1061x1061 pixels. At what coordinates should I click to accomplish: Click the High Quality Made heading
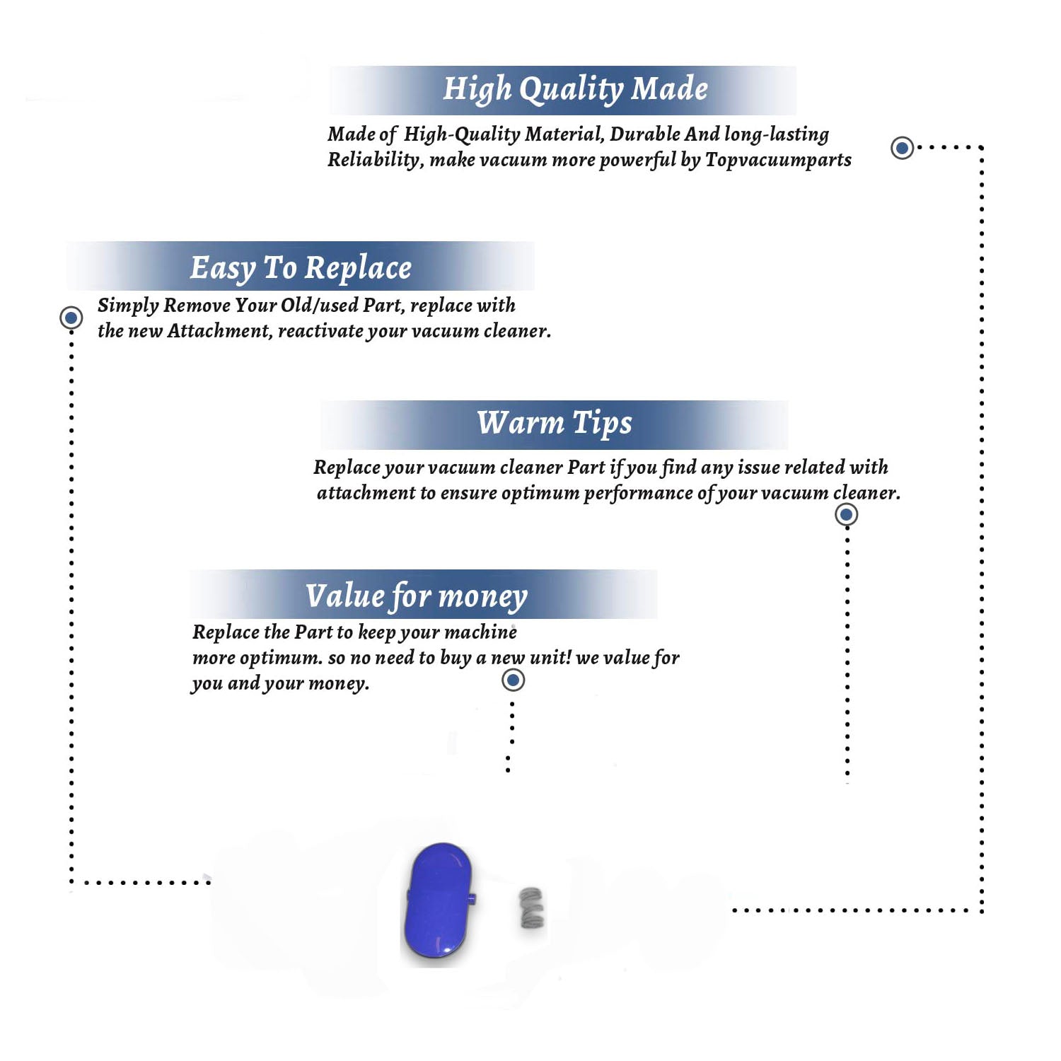click(575, 90)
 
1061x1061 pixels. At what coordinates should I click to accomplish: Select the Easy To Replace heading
click(301, 268)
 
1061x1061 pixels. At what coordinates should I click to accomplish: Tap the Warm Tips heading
click(554, 423)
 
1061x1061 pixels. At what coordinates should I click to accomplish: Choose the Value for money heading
click(416, 596)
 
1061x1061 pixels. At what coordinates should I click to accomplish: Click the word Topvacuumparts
click(778, 160)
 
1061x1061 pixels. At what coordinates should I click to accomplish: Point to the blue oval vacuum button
click(439, 900)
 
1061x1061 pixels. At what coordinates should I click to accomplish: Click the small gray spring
click(532, 908)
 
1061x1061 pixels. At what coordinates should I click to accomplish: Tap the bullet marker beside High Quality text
click(902, 148)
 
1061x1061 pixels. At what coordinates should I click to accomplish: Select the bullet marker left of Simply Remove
click(71, 318)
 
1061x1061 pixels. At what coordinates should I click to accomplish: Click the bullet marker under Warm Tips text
click(846, 514)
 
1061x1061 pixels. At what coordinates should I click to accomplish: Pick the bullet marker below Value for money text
click(513, 680)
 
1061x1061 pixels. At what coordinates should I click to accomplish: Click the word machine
click(481, 632)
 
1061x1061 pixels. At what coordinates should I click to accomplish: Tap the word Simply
click(128, 306)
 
